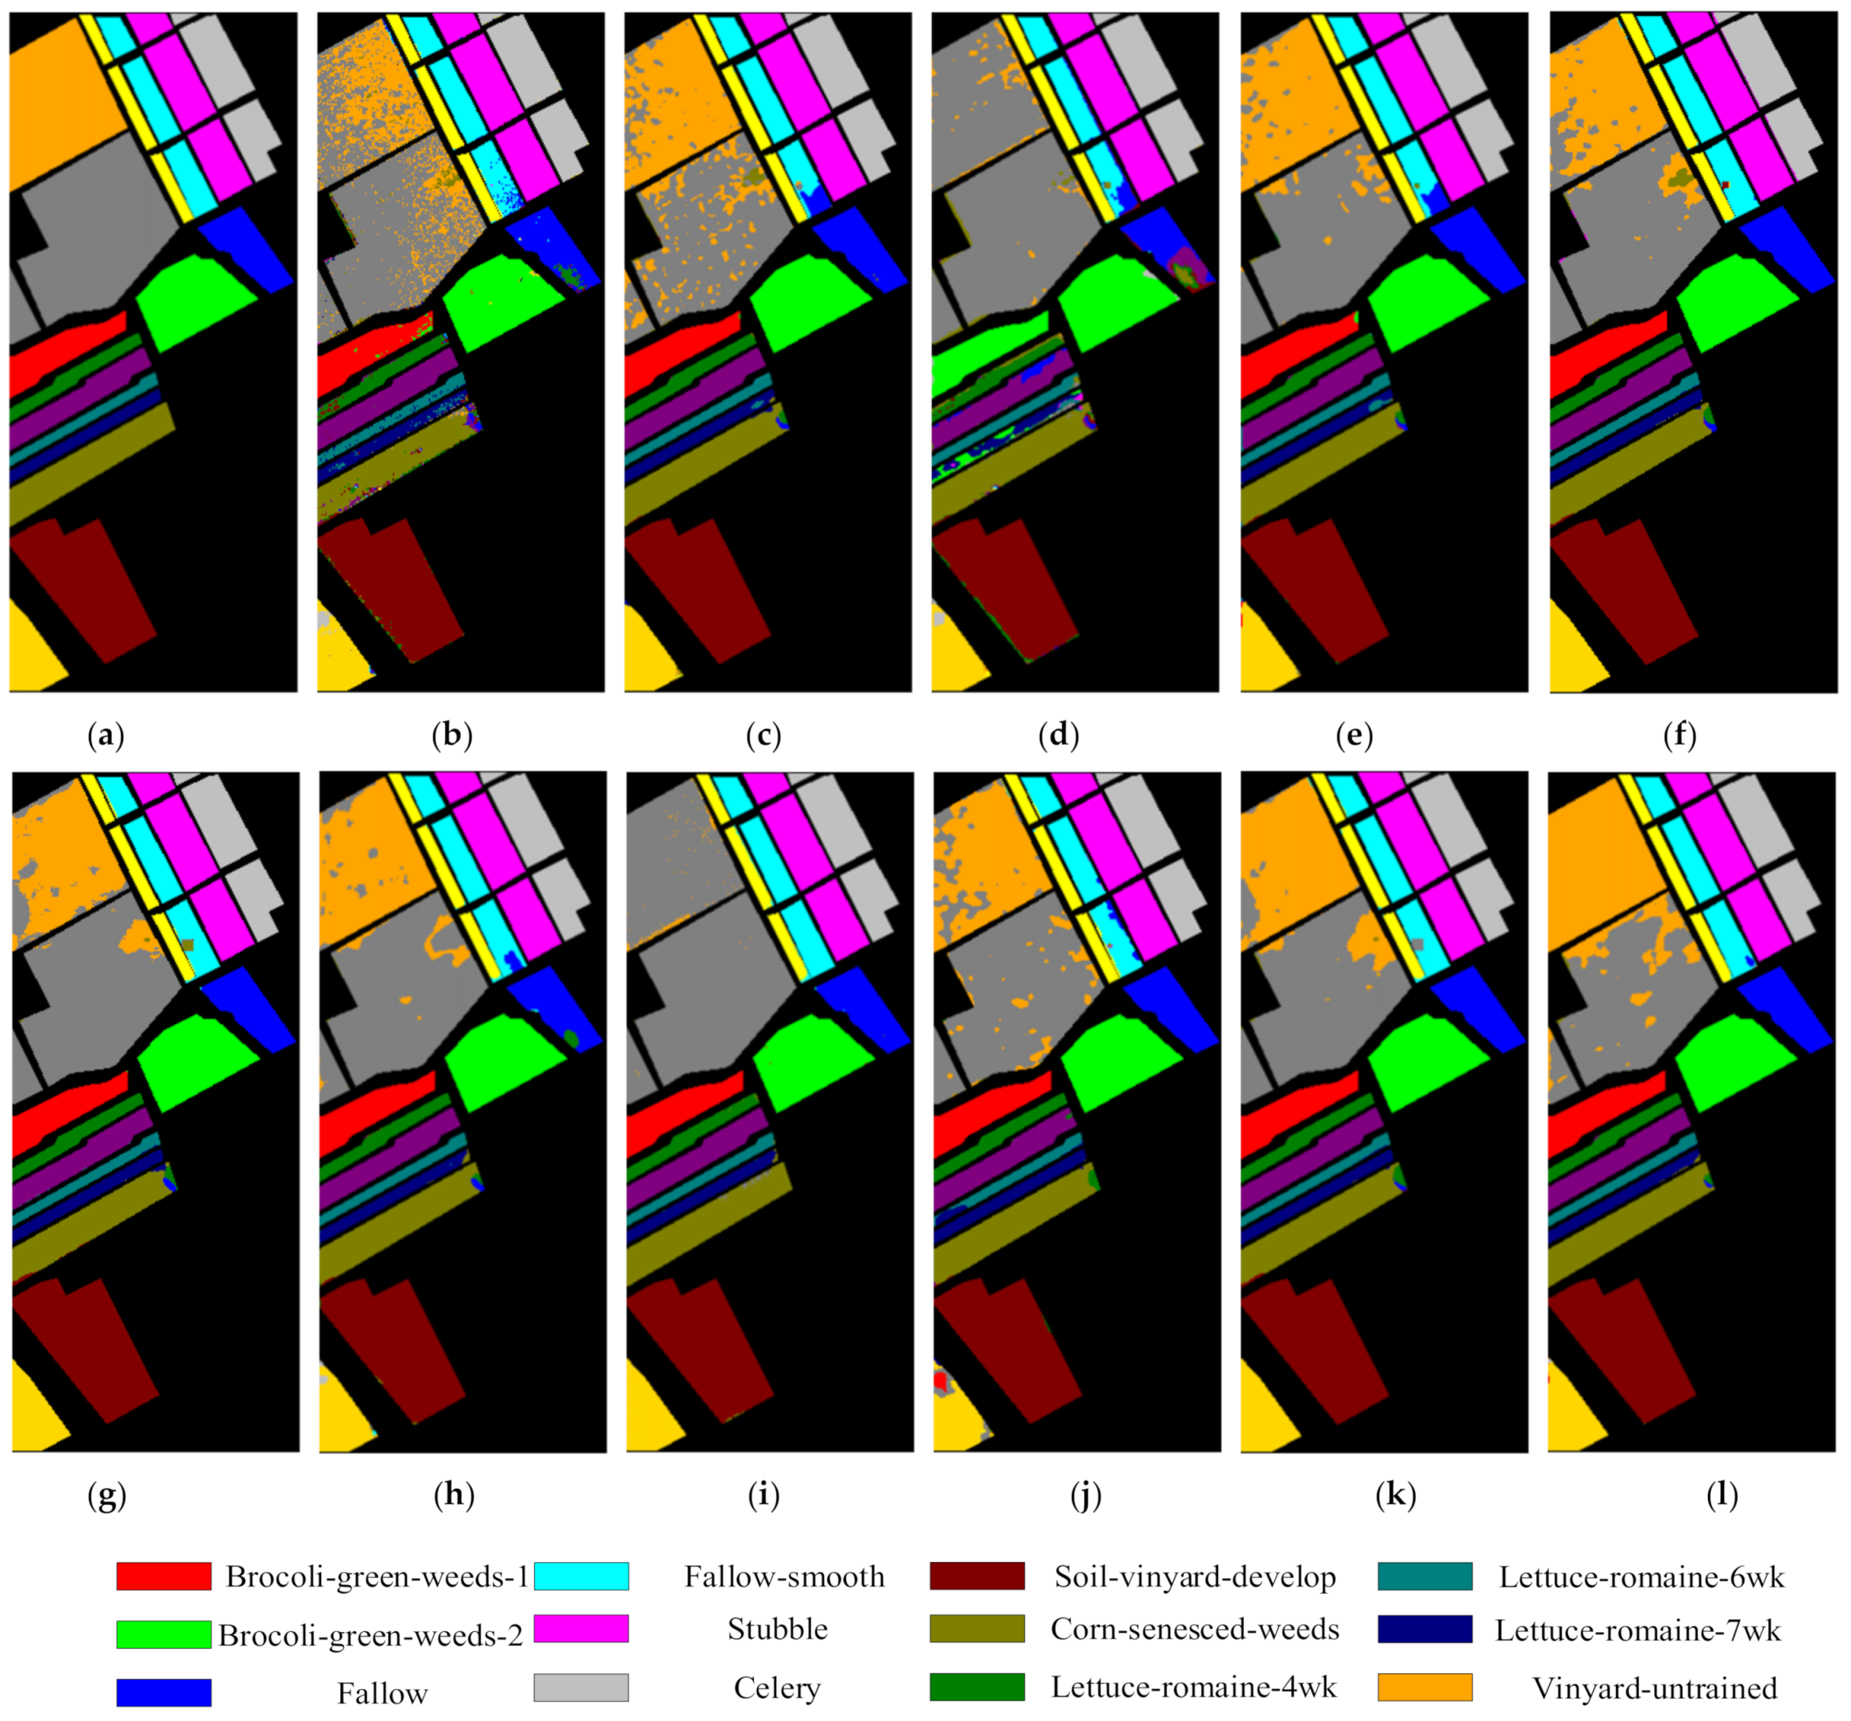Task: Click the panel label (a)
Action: click(x=105, y=736)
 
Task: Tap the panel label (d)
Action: click(x=1059, y=736)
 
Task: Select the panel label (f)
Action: click(x=1679, y=736)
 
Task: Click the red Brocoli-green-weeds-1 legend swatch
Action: click(x=164, y=1576)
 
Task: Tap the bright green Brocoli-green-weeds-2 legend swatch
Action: click(x=164, y=1634)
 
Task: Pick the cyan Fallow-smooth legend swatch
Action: click(x=581, y=1576)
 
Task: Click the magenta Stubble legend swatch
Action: click(x=581, y=1629)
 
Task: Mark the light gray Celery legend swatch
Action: click(x=581, y=1687)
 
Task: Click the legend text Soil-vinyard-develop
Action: click(x=1195, y=1576)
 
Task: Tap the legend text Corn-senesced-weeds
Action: click(x=1195, y=1629)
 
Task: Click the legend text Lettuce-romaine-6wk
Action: click(x=1640, y=1576)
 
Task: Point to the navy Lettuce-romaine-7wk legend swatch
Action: click(x=1424, y=1629)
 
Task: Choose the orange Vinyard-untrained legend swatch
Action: click(x=1424, y=1687)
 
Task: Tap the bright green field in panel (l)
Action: click(x=1737, y=1062)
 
